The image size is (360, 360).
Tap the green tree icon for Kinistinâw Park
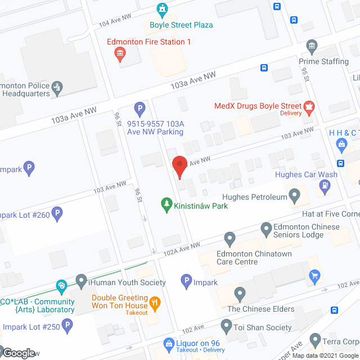pos(166,205)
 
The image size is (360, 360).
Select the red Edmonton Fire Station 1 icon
pos(120,54)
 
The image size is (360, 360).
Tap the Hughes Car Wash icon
pos(324,188)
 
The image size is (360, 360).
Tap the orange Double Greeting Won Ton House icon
pos(156,303)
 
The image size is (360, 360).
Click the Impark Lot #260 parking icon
pos(58,214)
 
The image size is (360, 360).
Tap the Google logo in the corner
pos(18,353)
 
